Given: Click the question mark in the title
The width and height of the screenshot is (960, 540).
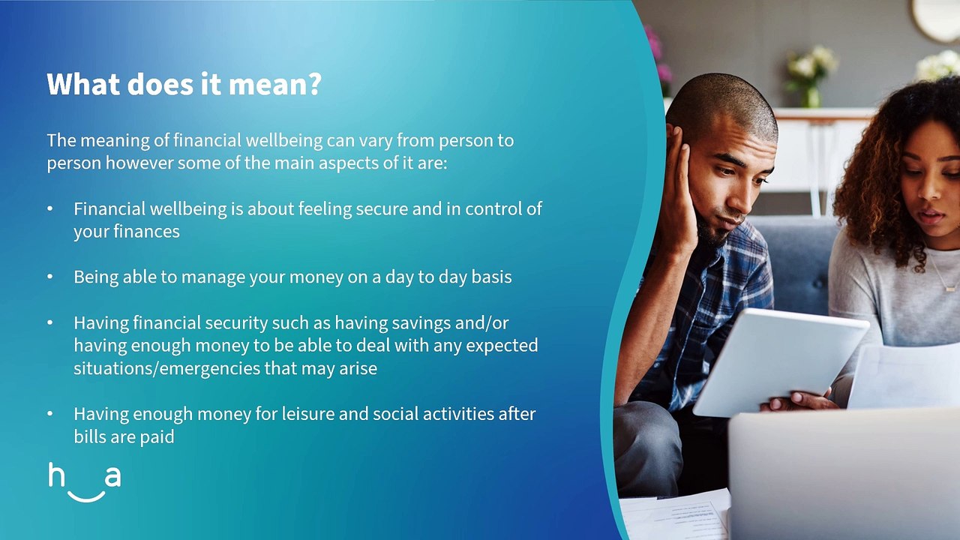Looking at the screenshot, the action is [314, 85].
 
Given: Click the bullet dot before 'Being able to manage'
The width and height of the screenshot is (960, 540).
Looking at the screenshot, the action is [50, 277].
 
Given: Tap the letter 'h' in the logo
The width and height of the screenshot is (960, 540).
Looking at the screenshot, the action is [56, 475].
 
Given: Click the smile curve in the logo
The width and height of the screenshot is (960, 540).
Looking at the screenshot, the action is [86, 497].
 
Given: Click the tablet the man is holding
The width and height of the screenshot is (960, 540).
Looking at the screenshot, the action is [780, 362].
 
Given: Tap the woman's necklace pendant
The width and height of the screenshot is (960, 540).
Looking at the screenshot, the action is [951, 288].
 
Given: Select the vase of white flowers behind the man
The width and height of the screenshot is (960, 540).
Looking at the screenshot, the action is [810, 77].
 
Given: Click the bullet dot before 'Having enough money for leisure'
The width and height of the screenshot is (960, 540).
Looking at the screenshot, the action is [50, 414].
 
